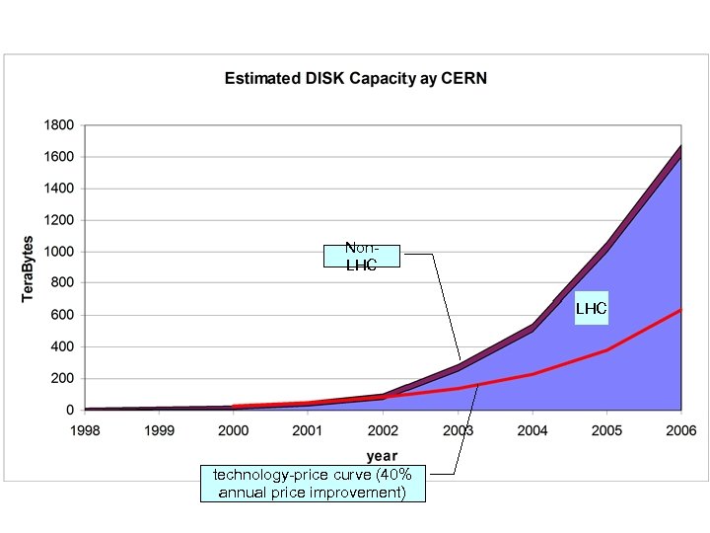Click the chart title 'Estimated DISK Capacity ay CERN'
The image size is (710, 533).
pos(355,78)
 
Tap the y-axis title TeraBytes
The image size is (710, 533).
pos(29,268)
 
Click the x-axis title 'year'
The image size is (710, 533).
pos(383,456)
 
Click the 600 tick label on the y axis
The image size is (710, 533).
pos(61,315)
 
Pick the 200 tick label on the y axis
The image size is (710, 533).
pos(61,378)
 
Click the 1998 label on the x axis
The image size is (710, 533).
pos(85,431)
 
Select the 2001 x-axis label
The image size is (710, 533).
pos(309,431)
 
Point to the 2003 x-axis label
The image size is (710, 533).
pos(458,431)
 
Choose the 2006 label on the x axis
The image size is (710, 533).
pos(680,431)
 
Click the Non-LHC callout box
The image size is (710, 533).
pos(362,257)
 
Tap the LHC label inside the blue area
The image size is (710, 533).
pos(592,309)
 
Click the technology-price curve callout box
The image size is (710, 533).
pos(313,484)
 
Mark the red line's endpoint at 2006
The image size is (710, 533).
pos(680,310)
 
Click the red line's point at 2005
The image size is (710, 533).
pos(606,350)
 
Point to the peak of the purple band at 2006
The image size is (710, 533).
pos(680,148)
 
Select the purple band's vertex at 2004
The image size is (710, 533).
pos(532,327)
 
